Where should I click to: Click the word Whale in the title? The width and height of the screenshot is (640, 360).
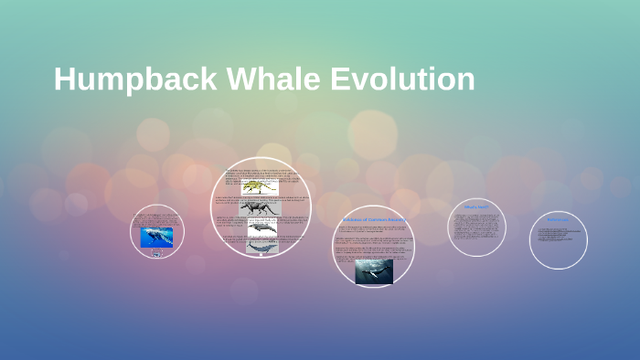point(266,79)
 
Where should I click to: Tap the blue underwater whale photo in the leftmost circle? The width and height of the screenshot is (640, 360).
point(156,238)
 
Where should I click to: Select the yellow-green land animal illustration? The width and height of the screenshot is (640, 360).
point(252,185)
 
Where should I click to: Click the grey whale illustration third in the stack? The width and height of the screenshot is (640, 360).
point(261,228)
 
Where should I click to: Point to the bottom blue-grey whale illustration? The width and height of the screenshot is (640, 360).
point(261,246)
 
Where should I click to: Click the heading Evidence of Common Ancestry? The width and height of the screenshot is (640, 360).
point(373,220)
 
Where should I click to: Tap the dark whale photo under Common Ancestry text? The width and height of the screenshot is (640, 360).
point(374,270)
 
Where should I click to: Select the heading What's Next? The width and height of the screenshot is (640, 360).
point(476,207)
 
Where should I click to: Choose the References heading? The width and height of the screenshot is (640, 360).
point(558,220)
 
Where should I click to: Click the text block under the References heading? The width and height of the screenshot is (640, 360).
point(558,234)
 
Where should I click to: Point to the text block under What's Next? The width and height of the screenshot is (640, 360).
point(476,229)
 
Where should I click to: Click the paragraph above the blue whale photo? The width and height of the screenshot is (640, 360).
point(156,219)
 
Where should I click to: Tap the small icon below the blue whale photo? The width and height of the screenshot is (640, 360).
point(156,253)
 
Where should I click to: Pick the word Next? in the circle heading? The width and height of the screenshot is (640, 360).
point(484,207)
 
